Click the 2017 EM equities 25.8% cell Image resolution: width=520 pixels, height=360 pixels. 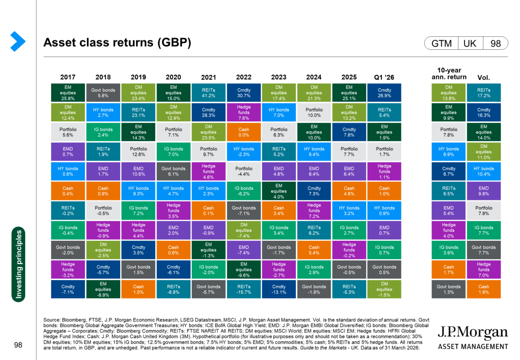coord(68,93)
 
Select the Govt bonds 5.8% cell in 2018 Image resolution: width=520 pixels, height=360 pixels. coord(103,93)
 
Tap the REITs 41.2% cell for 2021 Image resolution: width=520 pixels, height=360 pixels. coord(208,93)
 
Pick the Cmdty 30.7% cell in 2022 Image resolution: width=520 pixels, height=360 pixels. coord(244,93)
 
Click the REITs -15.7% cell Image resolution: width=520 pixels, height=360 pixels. coord(244,289)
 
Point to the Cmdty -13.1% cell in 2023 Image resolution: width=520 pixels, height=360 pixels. coord(279,289)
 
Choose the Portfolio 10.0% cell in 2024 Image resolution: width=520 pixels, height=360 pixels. coord(314,112)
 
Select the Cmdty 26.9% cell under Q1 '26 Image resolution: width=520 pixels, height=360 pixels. coord(384,93)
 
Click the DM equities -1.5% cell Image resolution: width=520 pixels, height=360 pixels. coord(384,289)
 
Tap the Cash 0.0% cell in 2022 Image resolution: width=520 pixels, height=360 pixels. coord(244,132)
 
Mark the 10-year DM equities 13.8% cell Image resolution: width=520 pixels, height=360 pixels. coord(448,93)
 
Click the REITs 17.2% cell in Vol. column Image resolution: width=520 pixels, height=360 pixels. coord(484,93)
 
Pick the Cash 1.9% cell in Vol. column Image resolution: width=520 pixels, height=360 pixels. coord(484,289)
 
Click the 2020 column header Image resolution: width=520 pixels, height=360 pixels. coord(173,77)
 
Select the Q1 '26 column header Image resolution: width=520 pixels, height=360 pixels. coord(384,77)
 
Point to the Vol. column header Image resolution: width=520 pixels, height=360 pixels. coord(484,77)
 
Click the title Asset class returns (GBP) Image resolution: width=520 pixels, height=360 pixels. coord(117,43)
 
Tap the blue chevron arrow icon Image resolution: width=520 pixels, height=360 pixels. coord(18,42)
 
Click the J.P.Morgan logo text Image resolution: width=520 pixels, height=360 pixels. coord(472,334)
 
